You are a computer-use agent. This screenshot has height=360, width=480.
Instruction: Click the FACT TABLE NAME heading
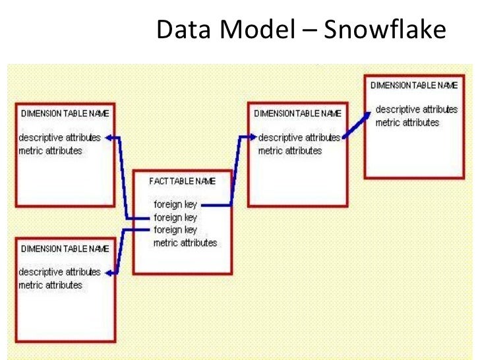pos(182,180)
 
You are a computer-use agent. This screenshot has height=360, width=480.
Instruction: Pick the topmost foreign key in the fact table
pos(175,205)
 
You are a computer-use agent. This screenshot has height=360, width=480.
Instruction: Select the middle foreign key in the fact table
pos(175,217)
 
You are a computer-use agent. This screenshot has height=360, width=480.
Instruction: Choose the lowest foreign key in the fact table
pos(175,229)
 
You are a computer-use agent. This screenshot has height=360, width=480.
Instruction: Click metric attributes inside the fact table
pos(185,242)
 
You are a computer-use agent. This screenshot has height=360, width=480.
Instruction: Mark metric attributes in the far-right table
pos(407,122)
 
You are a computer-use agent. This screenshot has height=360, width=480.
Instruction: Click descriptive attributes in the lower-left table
pos(60,272)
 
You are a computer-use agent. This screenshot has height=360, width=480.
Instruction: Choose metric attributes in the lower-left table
pos(51,285)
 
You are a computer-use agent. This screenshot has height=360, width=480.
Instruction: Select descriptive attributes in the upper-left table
pos(60,138)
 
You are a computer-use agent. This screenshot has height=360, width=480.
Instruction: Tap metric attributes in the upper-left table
pos(51,151)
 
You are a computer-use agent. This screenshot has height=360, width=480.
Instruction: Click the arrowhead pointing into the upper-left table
pos(109,138)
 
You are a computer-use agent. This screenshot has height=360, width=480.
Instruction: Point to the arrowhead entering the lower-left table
pos(109,272)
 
